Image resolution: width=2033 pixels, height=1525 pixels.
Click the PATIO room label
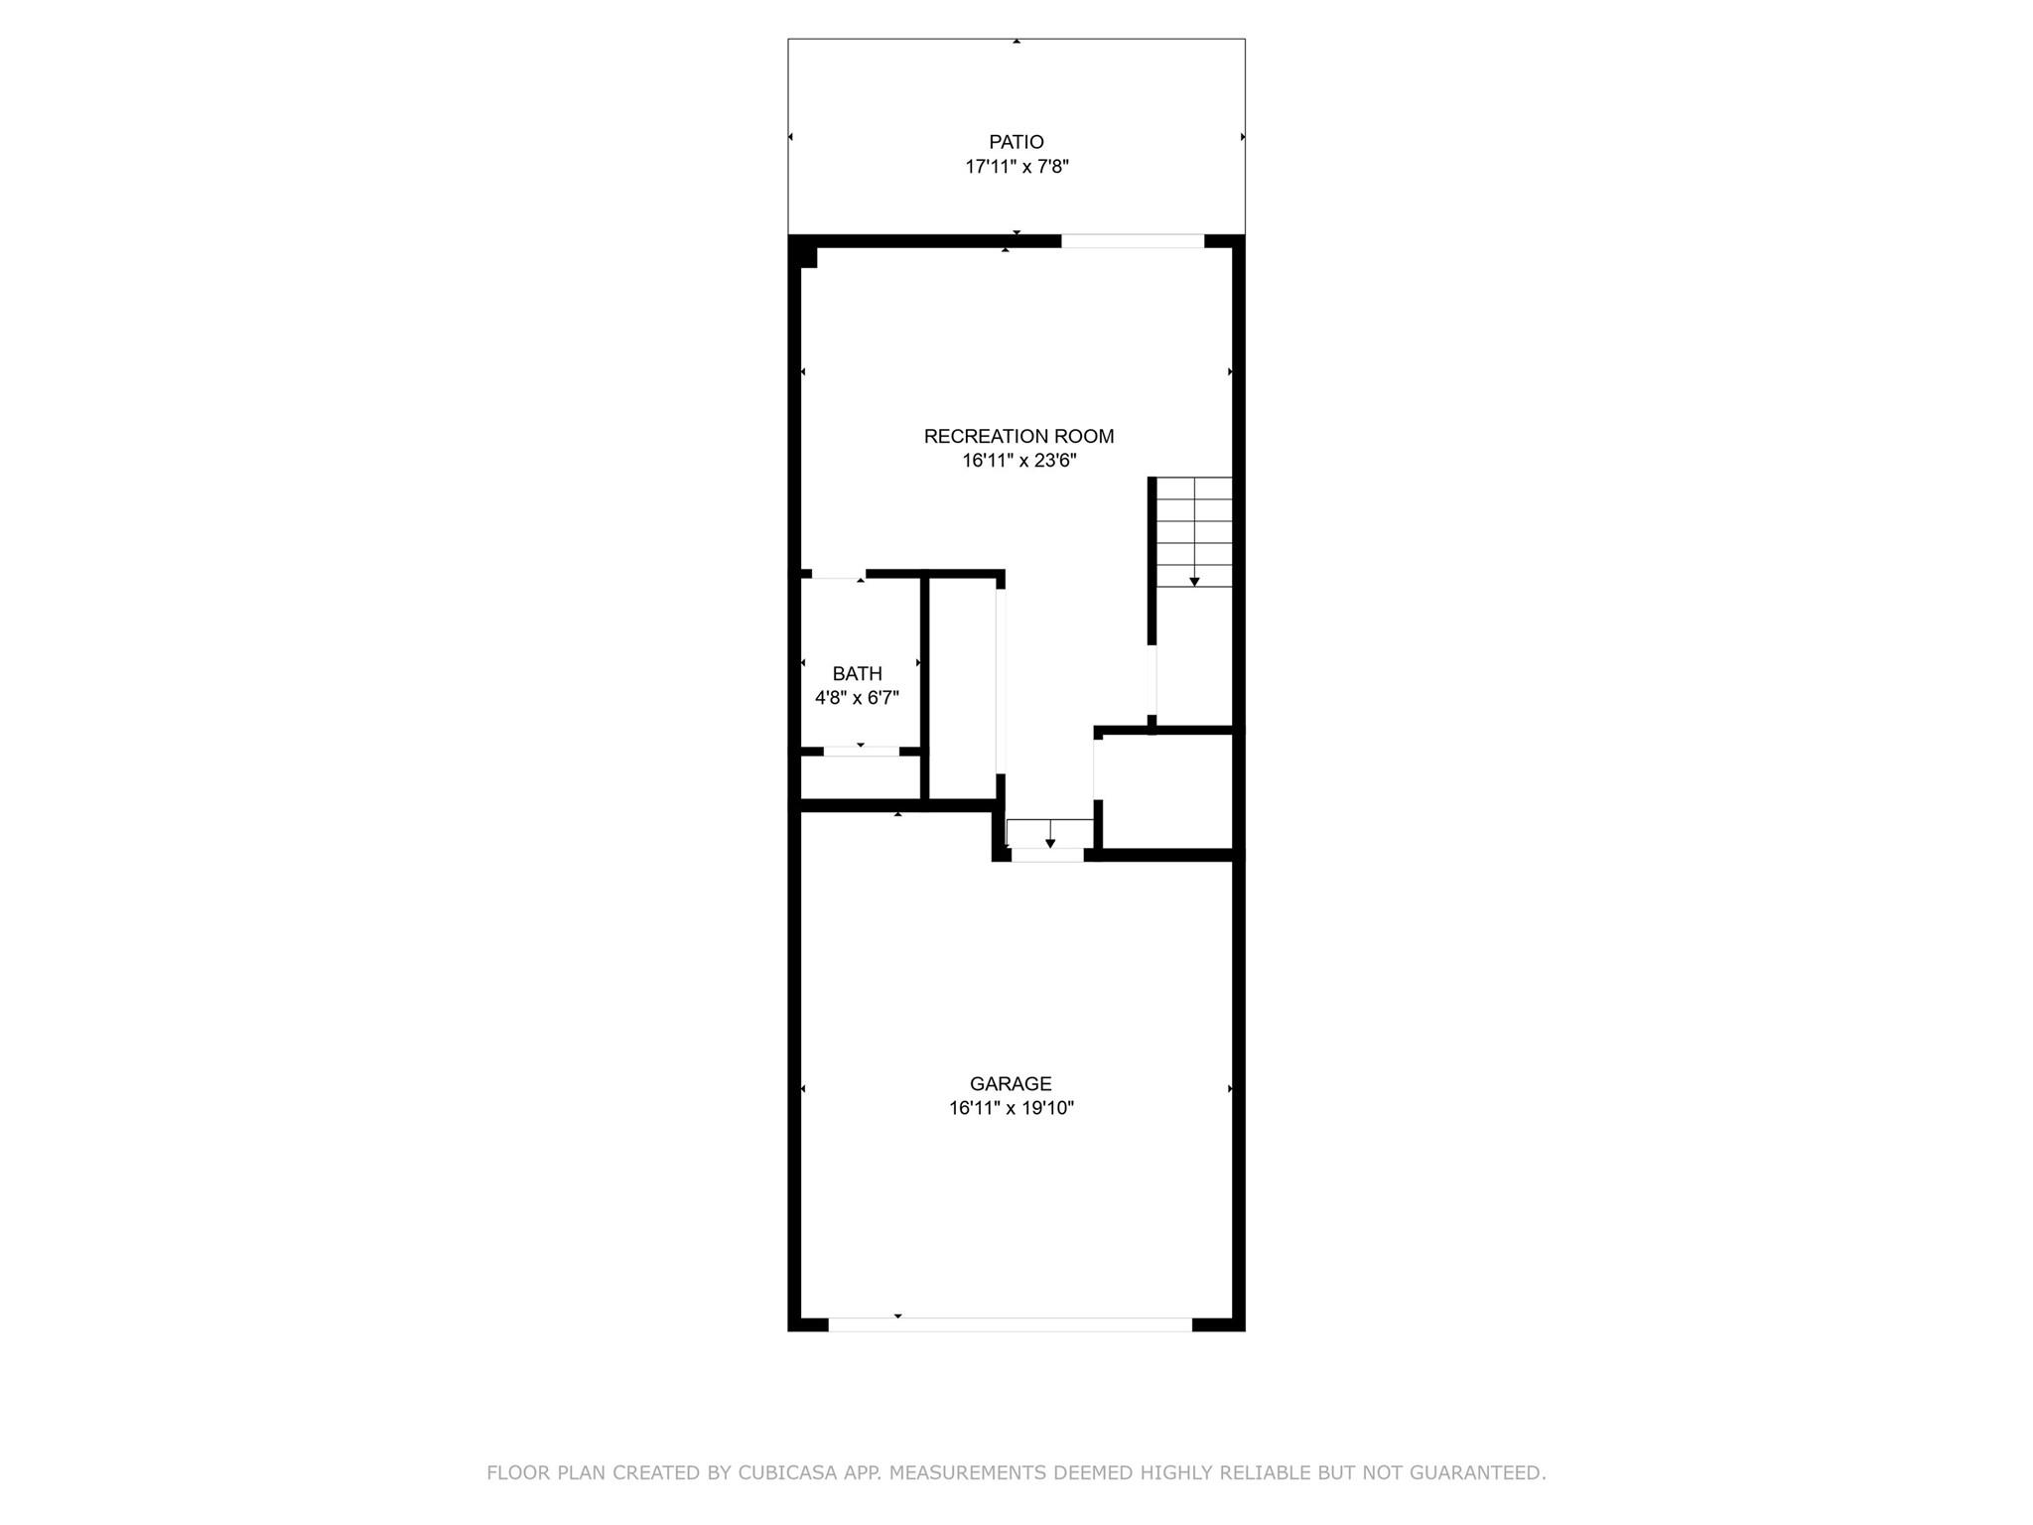pos(1016,142)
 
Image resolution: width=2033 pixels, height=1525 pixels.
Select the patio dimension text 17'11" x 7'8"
pos(1016,167)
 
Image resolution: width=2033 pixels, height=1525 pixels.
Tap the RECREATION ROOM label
pos(1018,436)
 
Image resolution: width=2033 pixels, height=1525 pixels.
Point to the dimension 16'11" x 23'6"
pos(1018,461)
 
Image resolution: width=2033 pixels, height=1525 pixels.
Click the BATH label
pos(857,674)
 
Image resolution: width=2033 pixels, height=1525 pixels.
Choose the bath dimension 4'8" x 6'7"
pos(857,698)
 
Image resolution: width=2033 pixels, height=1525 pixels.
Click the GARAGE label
pos(1011,1084)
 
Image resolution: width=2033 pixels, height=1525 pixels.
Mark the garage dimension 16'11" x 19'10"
pos(1011,1108)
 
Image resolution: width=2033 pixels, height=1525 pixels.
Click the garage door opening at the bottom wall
pos(1010,1324)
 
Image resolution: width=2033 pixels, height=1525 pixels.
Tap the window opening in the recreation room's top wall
pos(1133,241)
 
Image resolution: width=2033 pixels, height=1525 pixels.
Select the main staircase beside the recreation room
pos(1194,532)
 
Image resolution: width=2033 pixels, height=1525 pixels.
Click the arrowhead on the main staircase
pos(1194,582)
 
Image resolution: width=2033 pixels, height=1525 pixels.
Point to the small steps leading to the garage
pos(1050,833)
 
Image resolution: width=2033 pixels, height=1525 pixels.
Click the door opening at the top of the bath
pos(839,574)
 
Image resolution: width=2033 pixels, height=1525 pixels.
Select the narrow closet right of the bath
pos(963,688)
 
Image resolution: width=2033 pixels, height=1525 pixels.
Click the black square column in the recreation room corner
pos(808,257)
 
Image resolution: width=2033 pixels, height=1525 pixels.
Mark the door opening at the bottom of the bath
pos(862,752)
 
